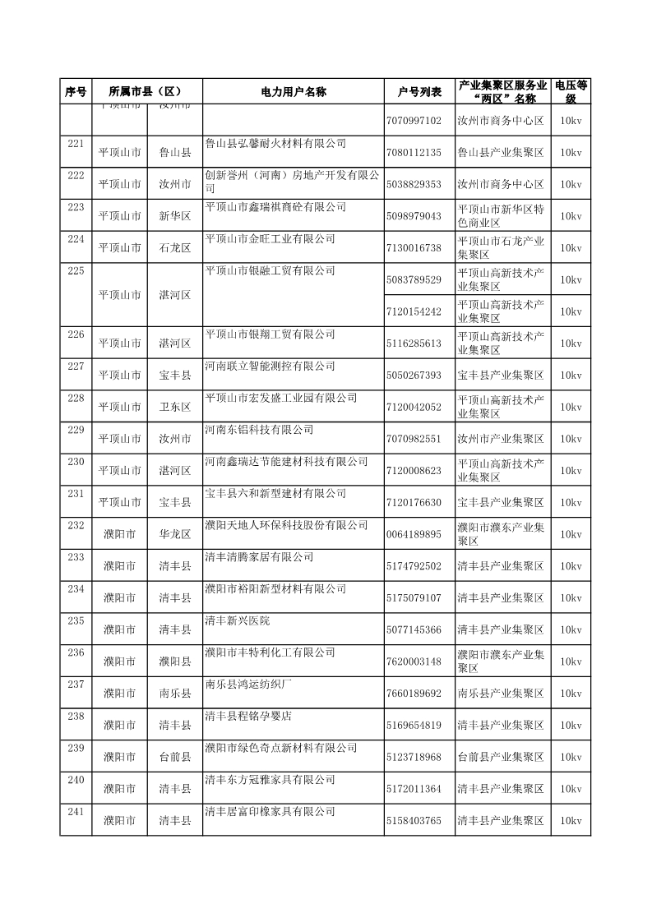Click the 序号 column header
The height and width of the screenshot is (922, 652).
pos(76,91)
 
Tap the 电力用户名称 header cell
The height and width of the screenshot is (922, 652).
pos(293,91)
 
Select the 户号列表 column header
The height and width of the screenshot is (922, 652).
pos(419,91)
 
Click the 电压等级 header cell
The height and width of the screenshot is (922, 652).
pos(571,91)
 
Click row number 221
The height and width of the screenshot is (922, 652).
pos(76,144)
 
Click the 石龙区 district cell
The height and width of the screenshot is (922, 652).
pos(175,247)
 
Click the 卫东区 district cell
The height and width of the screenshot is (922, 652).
pos(175,407)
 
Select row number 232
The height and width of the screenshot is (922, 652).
pos(76,525)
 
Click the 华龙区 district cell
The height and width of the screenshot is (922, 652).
pos(175,534)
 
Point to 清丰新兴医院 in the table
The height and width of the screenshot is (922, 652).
pos(237,620)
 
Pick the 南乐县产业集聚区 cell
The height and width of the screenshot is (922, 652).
pos(501,694)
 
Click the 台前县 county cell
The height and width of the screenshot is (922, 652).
pos(175,757)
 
